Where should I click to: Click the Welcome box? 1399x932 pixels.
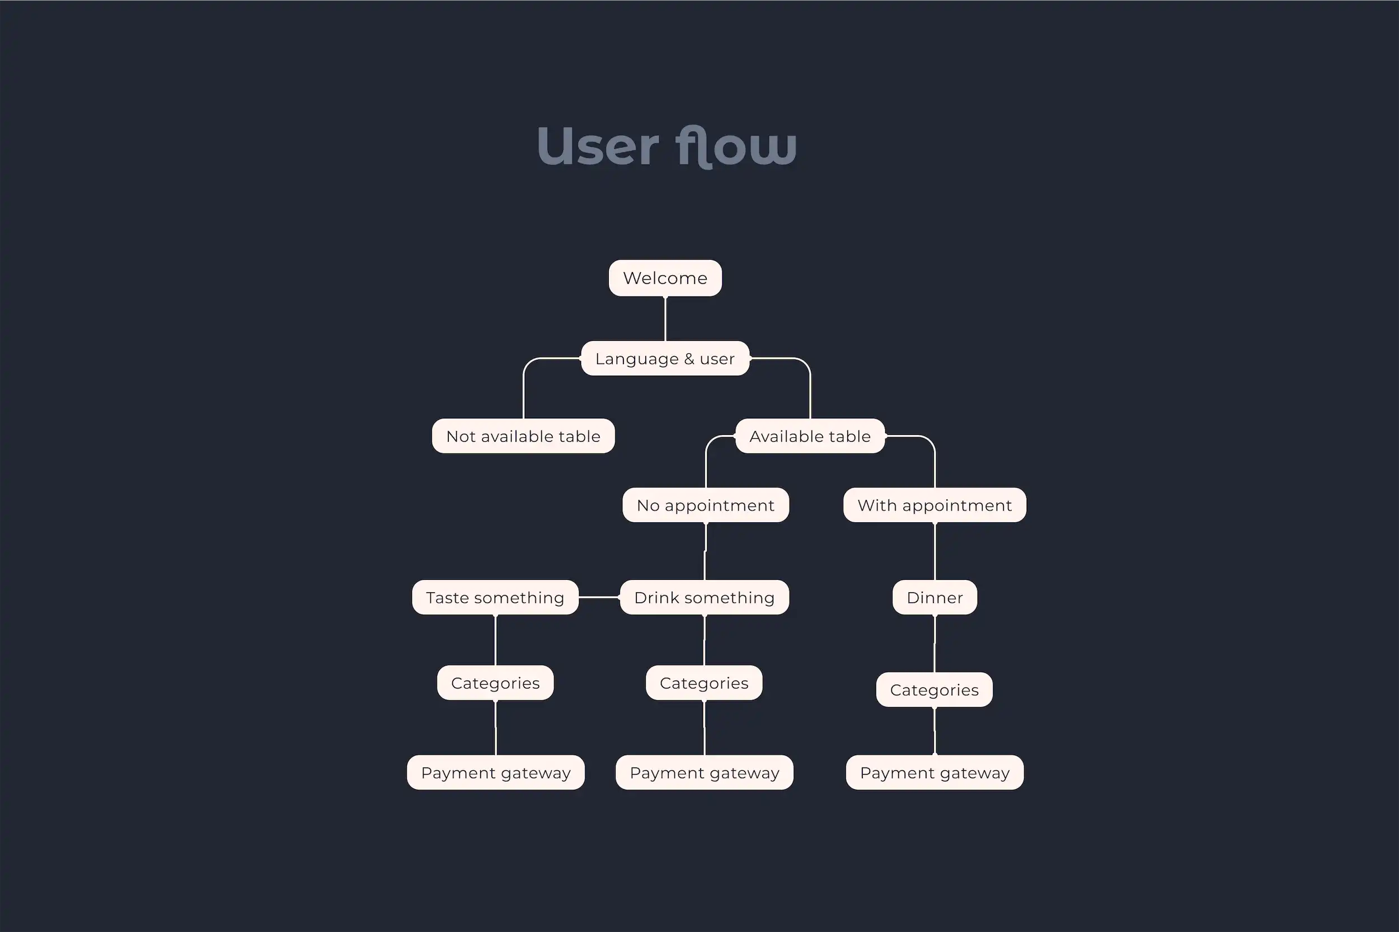tap(665, 278)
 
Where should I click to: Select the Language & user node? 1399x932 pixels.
tap(665, 358)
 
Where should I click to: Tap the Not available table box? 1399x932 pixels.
tap(523, 436)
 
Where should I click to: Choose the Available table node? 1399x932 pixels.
tap(810, 436)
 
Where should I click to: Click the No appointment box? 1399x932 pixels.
tap(705, 505)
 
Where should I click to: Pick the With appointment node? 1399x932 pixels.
tap(935, 505)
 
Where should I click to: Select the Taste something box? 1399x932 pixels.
tap(495, 597)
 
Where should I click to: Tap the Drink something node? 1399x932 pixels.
tap(704, 597)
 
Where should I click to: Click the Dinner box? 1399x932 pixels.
tap(935, 597)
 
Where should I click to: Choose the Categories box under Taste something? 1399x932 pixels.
tap(495, 683)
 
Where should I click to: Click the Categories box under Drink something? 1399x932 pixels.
tap(704, 683)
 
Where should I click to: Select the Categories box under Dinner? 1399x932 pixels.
tap(934, 690)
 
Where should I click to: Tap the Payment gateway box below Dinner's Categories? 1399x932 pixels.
tap(935, 772)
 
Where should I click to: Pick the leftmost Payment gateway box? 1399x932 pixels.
tap(495, 772)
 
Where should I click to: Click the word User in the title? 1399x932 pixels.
tap(598, 146)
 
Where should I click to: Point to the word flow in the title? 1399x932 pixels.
tap(735, 146)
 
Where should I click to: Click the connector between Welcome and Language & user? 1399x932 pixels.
tap(665, 319)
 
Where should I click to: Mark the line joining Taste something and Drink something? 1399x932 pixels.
tap(599, 597)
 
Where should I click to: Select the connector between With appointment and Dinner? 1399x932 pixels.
tap(935, 551)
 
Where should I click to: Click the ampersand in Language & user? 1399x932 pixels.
tap(689, 359)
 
